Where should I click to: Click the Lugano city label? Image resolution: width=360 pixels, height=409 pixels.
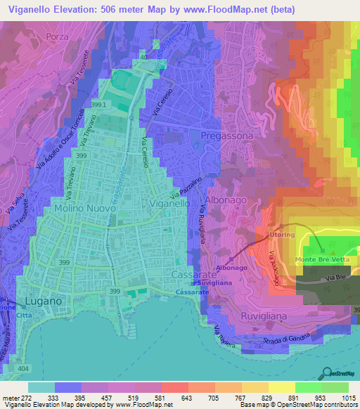(44, 300)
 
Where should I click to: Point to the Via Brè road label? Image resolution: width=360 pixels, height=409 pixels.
(335, 280)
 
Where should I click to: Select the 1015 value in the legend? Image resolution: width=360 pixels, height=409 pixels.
(349, 398)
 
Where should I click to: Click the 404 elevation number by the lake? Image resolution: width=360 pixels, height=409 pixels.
(24, 368)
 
